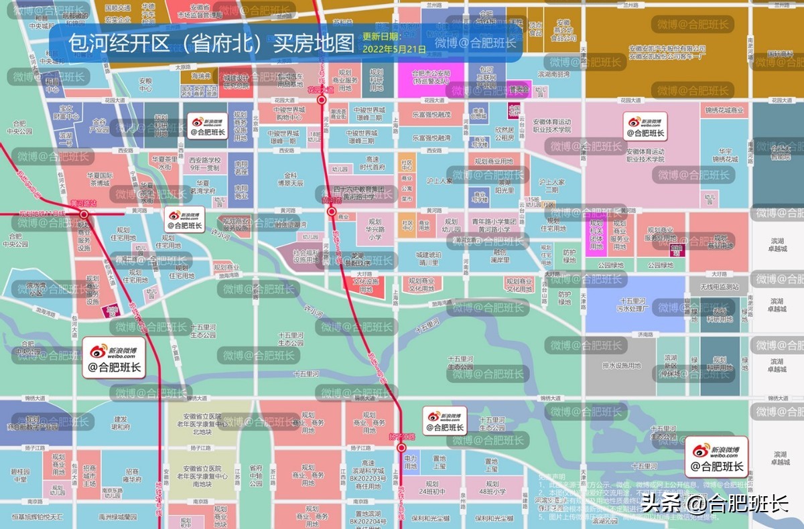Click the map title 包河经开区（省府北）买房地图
tap(210, 44)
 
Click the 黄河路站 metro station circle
tap(84, 214)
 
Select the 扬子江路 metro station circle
tap(401, 447)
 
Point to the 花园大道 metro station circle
tap(322, 100)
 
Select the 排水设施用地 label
tap(622, 366)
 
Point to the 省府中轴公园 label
tap(255, 476)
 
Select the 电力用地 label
tap(410, 462)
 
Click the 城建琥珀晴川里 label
tap(429, 259)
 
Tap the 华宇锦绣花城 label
tap(726, 156)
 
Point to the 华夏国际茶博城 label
tap(98, 179)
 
